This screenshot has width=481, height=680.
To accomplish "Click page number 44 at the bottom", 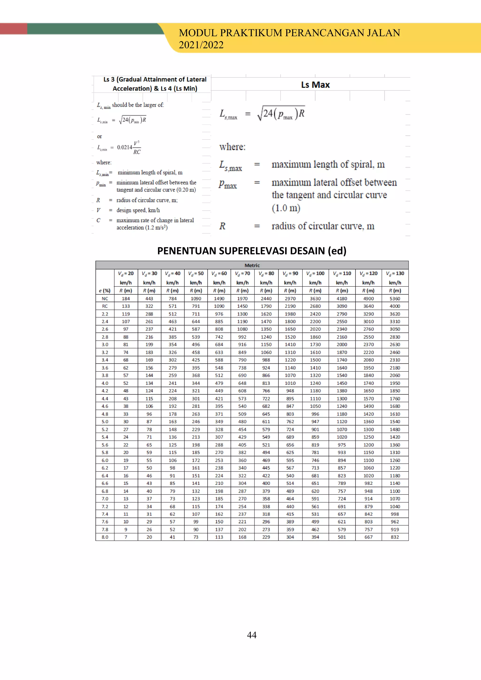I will pyautogui.click(x=252, y=635).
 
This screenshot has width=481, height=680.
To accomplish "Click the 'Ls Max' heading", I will pyautogui.click(x=315, y=85).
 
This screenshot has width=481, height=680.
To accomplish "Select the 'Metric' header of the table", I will pyautogui.click(x=252, y=265).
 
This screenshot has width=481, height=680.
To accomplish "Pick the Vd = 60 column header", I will pyautogui.click(x=219, y=273).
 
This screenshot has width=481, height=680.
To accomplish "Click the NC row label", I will pyautogui.click(x=105, y=298).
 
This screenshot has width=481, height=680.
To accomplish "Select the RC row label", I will pyautogui.click(x=105, y=306).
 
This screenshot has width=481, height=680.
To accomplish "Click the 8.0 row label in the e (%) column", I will pyautogui.click(x=105, y=537).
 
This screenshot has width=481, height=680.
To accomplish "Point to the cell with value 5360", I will pyautogui.click(x=395, y=298).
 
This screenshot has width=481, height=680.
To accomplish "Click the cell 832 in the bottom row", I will pyautogui.click(x=395, y=537).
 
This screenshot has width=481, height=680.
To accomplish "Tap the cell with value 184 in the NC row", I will pyautogui.click(x=126, y=298).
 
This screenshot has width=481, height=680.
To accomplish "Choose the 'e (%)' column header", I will pyautogui.click(x=105, y=290).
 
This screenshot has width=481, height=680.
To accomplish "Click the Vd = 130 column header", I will pyautogui.click(x=395, y=273).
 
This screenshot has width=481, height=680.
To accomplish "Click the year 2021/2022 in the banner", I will pyautogui.click(x=201, y=45).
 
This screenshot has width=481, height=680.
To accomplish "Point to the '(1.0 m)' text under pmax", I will pyautogui.click(x=286, y=208).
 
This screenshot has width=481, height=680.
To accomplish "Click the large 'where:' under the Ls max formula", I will pyautogui.click(x=233, y=147).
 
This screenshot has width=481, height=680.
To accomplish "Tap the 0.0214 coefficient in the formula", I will pyautogui.click(x=125, y=147).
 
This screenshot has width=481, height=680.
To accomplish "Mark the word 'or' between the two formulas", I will pyautogui.click(x=100, y=136).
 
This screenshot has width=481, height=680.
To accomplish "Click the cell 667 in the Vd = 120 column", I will pyautogui.click(x=369, y=537).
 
